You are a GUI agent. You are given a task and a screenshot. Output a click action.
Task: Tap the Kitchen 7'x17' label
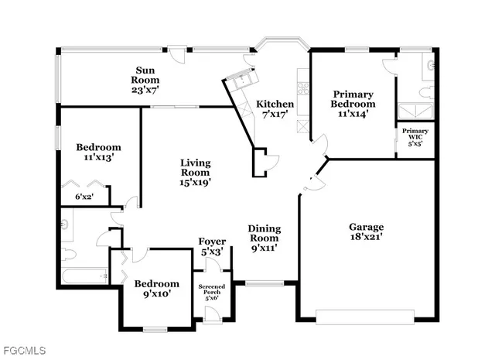point(275,109)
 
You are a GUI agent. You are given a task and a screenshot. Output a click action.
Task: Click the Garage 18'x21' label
point(366,232)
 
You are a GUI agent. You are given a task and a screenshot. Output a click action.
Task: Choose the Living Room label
point(196,172)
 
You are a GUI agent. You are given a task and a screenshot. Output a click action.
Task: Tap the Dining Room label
point(264,238)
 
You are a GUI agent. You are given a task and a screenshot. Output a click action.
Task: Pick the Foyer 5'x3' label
point(212,247)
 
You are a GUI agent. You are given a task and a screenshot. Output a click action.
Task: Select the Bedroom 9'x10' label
point(157,289)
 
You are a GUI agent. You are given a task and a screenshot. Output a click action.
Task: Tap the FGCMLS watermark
point(22,350)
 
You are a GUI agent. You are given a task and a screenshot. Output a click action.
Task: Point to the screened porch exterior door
point(211,314)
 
